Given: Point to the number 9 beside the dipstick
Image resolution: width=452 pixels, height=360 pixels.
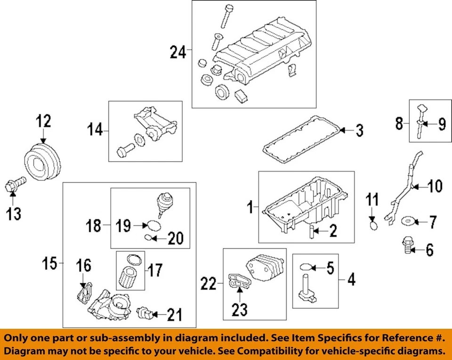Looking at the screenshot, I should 441,124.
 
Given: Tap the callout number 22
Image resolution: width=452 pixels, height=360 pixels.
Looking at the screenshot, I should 209,284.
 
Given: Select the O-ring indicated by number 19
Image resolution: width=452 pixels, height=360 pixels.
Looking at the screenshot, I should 151,225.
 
